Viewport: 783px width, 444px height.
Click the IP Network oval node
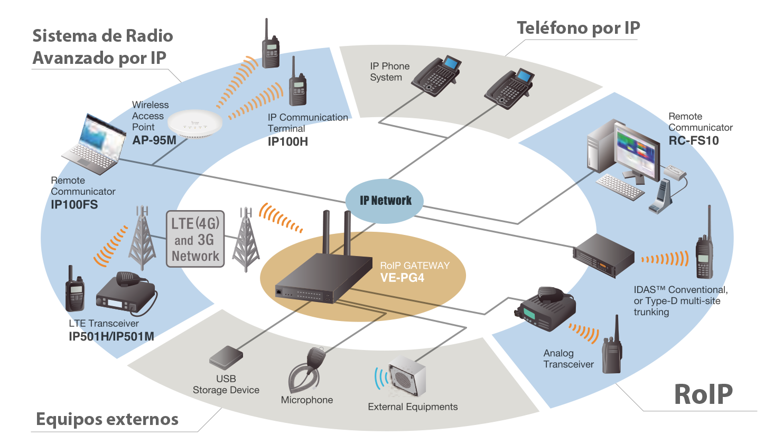click(385, 201)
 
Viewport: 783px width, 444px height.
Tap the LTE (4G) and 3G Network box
click(195, 239)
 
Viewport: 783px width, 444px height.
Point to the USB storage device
click(226, 357)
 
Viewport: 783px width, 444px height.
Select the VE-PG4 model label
click(402, 278)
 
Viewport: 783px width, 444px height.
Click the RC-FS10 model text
click(693, 141)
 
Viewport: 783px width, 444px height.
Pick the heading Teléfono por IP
click(578, 28)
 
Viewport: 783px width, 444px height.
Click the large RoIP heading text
click(703, 394)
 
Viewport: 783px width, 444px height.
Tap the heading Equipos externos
click(107, 419)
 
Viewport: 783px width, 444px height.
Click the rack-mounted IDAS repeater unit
click(603, 255)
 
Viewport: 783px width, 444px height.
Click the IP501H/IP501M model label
click(111, 336)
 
